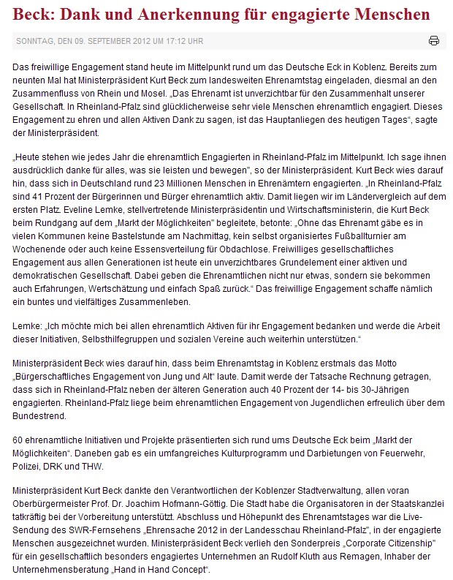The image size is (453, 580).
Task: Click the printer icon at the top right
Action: click(433, 40)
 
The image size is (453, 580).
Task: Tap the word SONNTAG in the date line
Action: click(32, 41)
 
